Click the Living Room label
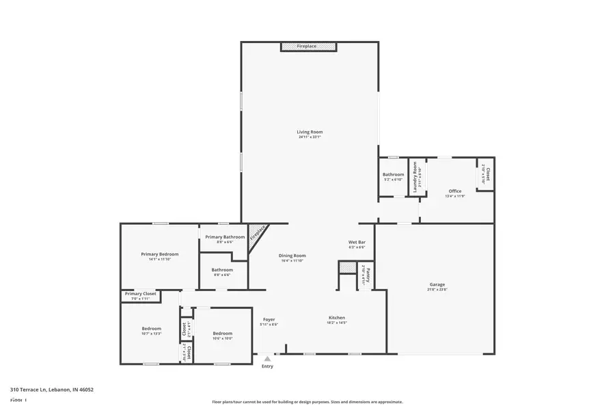pyautogui.click(x=310, y=132)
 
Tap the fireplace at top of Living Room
pyautogui.click(x=308, y=46)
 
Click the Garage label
pyautogui.click(x=437, y=284)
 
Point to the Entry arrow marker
pyautogui.click(x=267, y=358)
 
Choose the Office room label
pyautogui.click(x=455, y=191)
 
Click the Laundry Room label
pyautogui.click(x=415, y=180)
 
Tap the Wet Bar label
pyautogui.click(x=357, y=243)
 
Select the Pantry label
pyautogui.click(x=367, y=275)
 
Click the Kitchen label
pyautogui.click(x=337, y=318)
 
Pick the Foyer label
pyautogui.click(x=269, y=320)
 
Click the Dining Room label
pyautogui.click(x=292, y=256)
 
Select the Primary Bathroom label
pyautogui.click(x=225, y=236)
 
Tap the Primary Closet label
pyautogui.click(x=140, y=294)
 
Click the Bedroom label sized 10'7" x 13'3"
pyautogui.click(x=152, y=329)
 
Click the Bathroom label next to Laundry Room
pyautogui.click(x=393, y=175)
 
